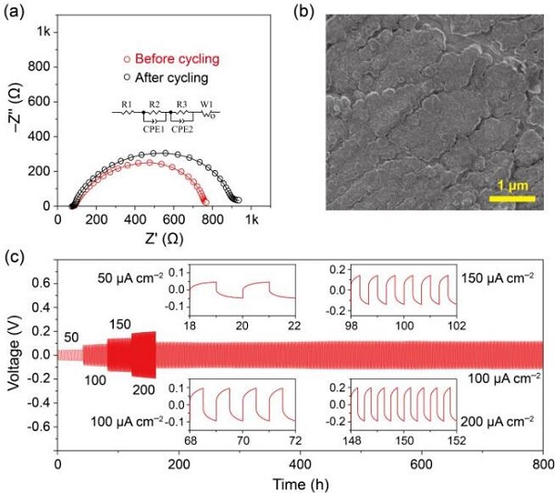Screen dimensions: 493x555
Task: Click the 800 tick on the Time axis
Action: point(543,464)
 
